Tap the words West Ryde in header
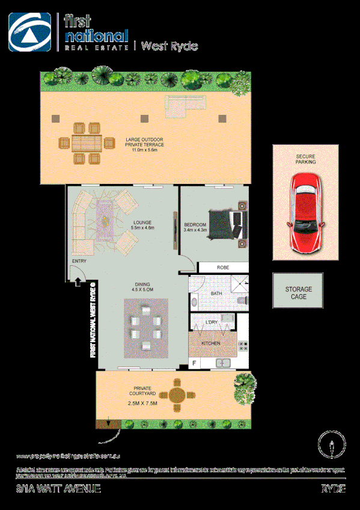point(169,46)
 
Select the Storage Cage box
point(298,293)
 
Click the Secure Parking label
point(305,159)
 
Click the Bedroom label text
point(195,227)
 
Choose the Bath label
point(216,293)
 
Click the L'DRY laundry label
point(211,323)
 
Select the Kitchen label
point(210,343)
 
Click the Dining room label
point(143,287)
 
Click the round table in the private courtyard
point(177,395)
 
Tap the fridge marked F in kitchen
point(195,363)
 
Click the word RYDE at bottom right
point(334,489)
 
